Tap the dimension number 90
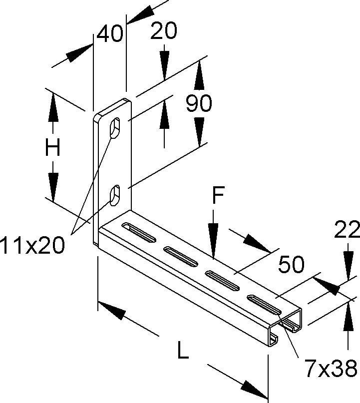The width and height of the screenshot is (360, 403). pos(199,103)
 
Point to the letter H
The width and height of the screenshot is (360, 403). pos(53,148)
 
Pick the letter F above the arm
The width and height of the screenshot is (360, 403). pos(216,196)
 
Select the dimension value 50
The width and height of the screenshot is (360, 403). pos(291,265)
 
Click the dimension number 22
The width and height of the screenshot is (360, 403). pos(347,230)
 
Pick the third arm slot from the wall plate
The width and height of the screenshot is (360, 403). pos(222,279)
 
